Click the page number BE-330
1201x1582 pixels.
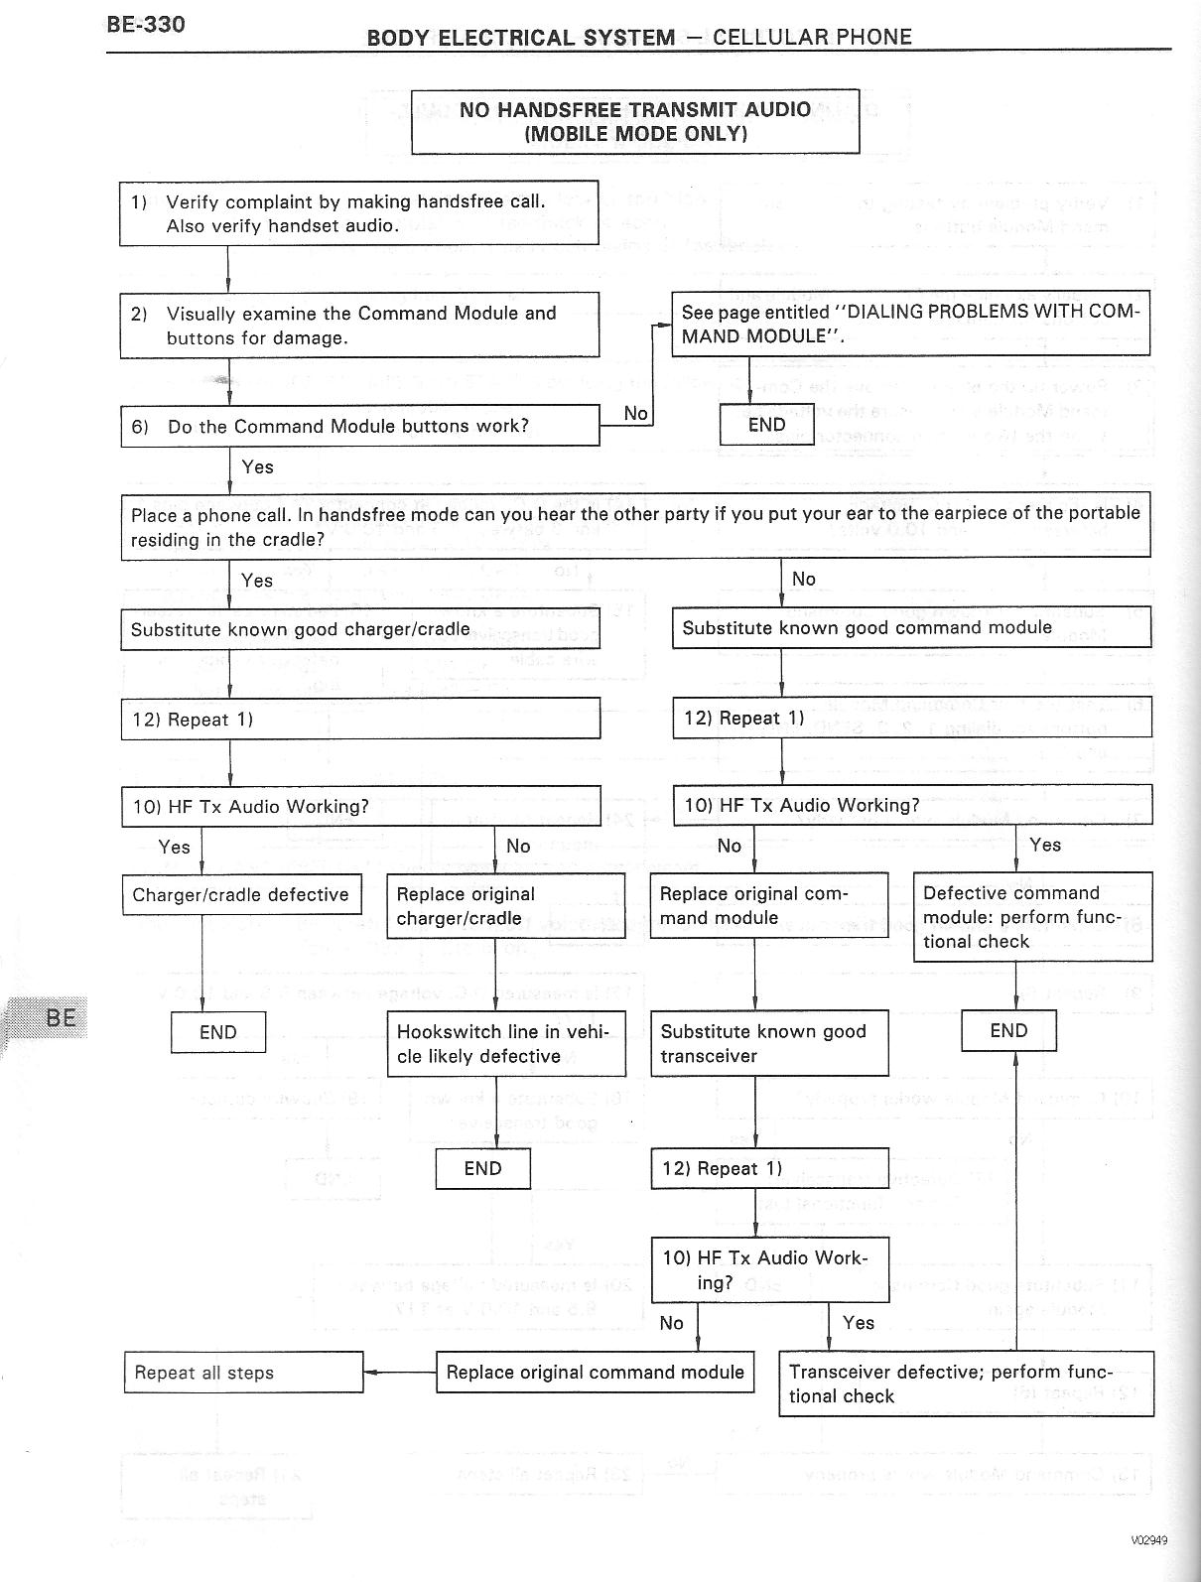(145, 24)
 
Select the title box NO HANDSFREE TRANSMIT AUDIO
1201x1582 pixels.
(635, 121)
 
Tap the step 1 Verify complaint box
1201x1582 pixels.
(359, 212)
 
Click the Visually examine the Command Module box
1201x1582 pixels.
(359, 325)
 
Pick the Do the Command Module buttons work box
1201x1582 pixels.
(359, 426)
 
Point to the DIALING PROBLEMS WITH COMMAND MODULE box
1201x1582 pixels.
(910, 324)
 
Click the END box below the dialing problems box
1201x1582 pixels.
(766, 425)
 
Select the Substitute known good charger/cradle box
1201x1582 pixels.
(359, 629)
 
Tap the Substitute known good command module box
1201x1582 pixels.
(910, 627)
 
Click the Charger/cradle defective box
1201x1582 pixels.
(241, 894)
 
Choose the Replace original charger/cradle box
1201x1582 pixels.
(506, 906)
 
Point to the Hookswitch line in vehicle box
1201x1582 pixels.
(506, 1044)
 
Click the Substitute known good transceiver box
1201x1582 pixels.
(769, 1044)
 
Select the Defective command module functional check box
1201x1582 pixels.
(1032, 917)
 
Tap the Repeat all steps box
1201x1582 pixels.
(243, 1373)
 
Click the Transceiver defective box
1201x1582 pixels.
(966, 1384)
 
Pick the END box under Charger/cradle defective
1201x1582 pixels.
(218, 1032)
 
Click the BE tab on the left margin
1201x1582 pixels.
(60, 1017)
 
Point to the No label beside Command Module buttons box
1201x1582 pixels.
(635, 413)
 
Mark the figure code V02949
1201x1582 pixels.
(1148, 1540)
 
